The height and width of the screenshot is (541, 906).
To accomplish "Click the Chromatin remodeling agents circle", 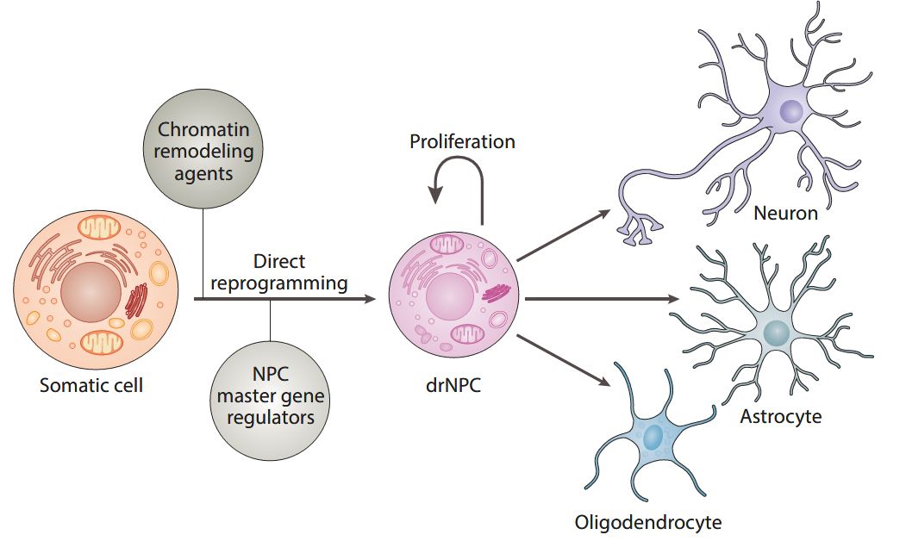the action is click(203, 149).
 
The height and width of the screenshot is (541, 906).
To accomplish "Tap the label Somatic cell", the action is click(91, 385).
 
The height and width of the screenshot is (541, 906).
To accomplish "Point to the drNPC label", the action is click(453, 384).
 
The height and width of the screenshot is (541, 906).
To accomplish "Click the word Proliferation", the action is click(462, 141).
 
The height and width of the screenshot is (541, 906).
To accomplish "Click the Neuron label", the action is click(786, 213).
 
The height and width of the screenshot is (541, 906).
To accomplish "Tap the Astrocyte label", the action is click(781, 416).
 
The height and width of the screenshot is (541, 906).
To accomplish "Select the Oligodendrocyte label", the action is click(648, 522).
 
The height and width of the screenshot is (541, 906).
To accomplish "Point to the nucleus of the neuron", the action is click(791, 110).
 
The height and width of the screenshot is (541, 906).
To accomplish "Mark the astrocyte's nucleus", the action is click(776, 333).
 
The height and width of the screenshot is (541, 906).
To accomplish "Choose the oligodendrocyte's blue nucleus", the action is click(653, 438).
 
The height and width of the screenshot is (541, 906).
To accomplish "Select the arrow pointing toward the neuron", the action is click(564, 235).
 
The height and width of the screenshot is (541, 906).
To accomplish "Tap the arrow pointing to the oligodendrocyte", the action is click(564, 360).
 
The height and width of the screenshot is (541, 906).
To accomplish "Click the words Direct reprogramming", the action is click(279, 272).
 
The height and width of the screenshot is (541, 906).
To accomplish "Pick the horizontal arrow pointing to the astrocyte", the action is click(602, 299).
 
